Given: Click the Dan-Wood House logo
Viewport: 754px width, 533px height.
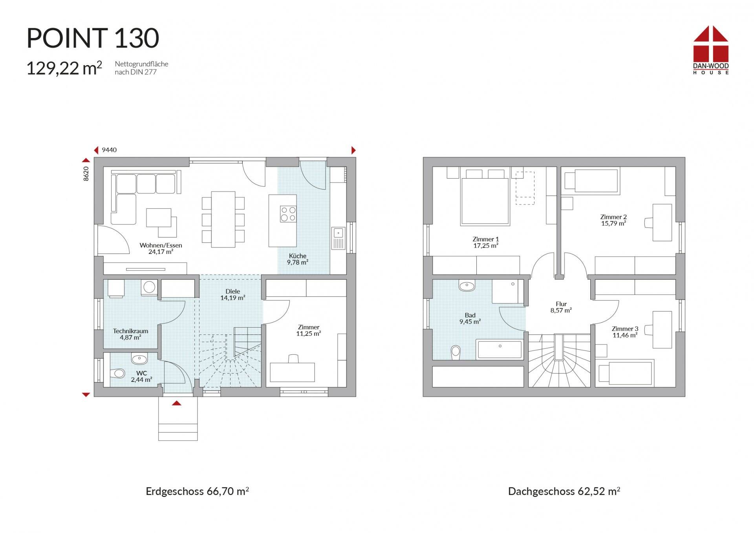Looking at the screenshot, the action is [711, 50].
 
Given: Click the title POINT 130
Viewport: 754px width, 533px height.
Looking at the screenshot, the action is [93, 38].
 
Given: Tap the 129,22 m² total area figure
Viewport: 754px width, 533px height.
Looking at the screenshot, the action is [64, 68].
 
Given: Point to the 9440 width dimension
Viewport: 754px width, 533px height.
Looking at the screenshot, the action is [109, 150].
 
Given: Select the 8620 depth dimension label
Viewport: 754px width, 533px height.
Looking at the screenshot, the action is [86, 173].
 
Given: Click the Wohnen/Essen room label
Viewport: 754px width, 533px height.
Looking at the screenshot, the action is [161, 248].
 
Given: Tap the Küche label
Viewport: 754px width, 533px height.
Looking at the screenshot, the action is [297, 259].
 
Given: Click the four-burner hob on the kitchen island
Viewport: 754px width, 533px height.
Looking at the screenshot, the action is [288, 214].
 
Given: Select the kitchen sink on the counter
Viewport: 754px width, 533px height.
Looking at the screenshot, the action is [338, 238].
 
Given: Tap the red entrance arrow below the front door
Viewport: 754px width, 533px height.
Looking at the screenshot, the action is [177, 403].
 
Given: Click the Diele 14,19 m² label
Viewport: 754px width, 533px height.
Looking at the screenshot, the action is [233, 294].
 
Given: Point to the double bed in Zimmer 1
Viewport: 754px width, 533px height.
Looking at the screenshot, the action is [485, 198].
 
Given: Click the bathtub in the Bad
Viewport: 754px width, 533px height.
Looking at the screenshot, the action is [500, 349].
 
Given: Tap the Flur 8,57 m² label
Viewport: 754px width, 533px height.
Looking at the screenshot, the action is [561, 307].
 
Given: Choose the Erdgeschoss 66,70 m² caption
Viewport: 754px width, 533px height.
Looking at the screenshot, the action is [198, 491].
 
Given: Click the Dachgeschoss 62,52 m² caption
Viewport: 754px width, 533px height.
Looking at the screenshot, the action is [564, 491].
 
